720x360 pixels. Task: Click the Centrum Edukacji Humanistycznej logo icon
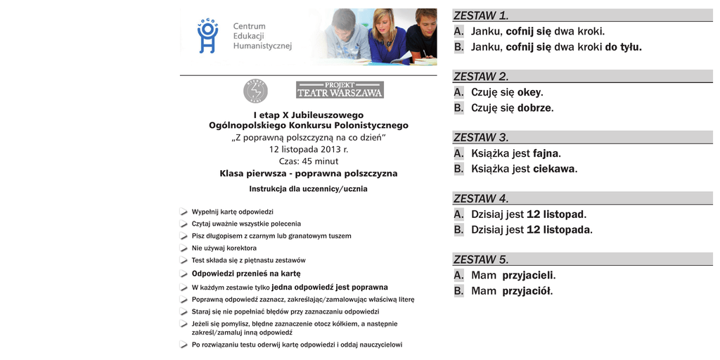207,36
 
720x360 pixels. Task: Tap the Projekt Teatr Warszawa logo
340,90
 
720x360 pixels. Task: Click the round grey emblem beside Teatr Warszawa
255,91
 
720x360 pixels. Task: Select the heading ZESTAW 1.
481,15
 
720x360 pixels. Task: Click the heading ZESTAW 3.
481,137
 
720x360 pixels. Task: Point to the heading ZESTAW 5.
481,259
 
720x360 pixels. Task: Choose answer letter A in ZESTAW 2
459,92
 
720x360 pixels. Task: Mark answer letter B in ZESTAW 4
459,230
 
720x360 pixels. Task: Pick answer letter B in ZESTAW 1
459,47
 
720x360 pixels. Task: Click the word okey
530,92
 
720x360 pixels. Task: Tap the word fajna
546,153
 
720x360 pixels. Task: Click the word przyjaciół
527,291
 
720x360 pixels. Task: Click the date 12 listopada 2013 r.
309,149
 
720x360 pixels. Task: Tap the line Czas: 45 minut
309,161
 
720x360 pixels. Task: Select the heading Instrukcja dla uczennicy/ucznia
308,188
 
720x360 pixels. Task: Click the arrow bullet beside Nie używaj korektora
184,248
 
